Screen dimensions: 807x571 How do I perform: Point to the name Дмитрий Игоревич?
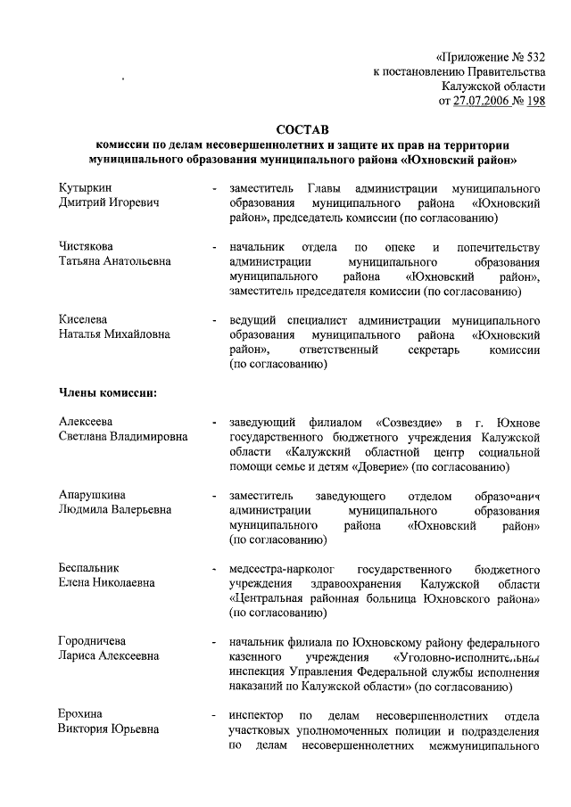tap(108, 204)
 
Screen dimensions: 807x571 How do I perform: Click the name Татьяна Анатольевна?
tap(114, 261)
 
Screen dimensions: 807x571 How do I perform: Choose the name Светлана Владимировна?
tap(123, 437)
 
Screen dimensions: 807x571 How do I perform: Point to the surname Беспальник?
tap(88, 568)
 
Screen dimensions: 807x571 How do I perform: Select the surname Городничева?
tap(92, 641)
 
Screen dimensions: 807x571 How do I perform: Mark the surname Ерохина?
tap(81, 714)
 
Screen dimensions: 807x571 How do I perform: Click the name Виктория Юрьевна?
tap(110, 729)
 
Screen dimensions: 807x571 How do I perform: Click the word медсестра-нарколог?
tap(280, 568)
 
